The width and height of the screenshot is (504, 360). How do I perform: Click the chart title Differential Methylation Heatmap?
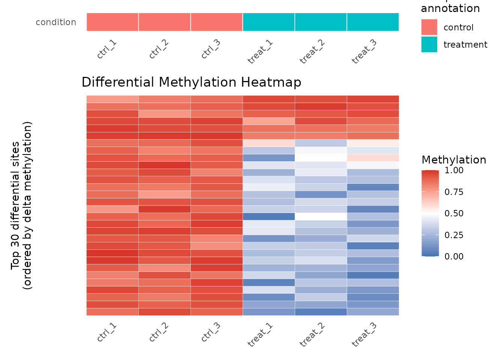point(191,82)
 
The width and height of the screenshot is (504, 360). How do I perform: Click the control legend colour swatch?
point(429,27)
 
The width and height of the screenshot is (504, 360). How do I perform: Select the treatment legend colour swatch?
point(429,44)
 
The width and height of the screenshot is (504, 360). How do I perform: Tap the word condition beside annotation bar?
point(56,22)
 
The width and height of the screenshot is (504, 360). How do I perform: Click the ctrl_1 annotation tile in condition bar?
point(112,22)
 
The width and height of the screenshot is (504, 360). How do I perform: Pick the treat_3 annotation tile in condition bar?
point(373,22)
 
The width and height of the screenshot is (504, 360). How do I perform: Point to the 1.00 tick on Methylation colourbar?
point(454,170)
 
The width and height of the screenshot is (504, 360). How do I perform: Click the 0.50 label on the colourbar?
point(454,213)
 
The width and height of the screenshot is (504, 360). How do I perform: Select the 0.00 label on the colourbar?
point(454,256)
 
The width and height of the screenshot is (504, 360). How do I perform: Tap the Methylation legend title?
point(454,160)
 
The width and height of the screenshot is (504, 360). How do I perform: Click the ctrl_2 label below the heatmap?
point(159,332)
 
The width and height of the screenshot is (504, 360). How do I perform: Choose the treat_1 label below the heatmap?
point(260,334)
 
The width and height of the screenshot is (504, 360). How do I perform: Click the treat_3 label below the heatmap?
point(364,334)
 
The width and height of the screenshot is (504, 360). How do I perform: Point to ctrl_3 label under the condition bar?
point(211,49)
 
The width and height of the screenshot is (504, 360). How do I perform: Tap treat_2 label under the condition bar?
point(312,51)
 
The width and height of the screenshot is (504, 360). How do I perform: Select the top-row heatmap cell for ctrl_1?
point(112,99)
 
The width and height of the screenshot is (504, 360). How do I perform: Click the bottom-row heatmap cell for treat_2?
point(321,312)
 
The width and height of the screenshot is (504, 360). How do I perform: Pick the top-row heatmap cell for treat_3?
point(373,99)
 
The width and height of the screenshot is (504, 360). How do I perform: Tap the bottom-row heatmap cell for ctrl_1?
point(112,312)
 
